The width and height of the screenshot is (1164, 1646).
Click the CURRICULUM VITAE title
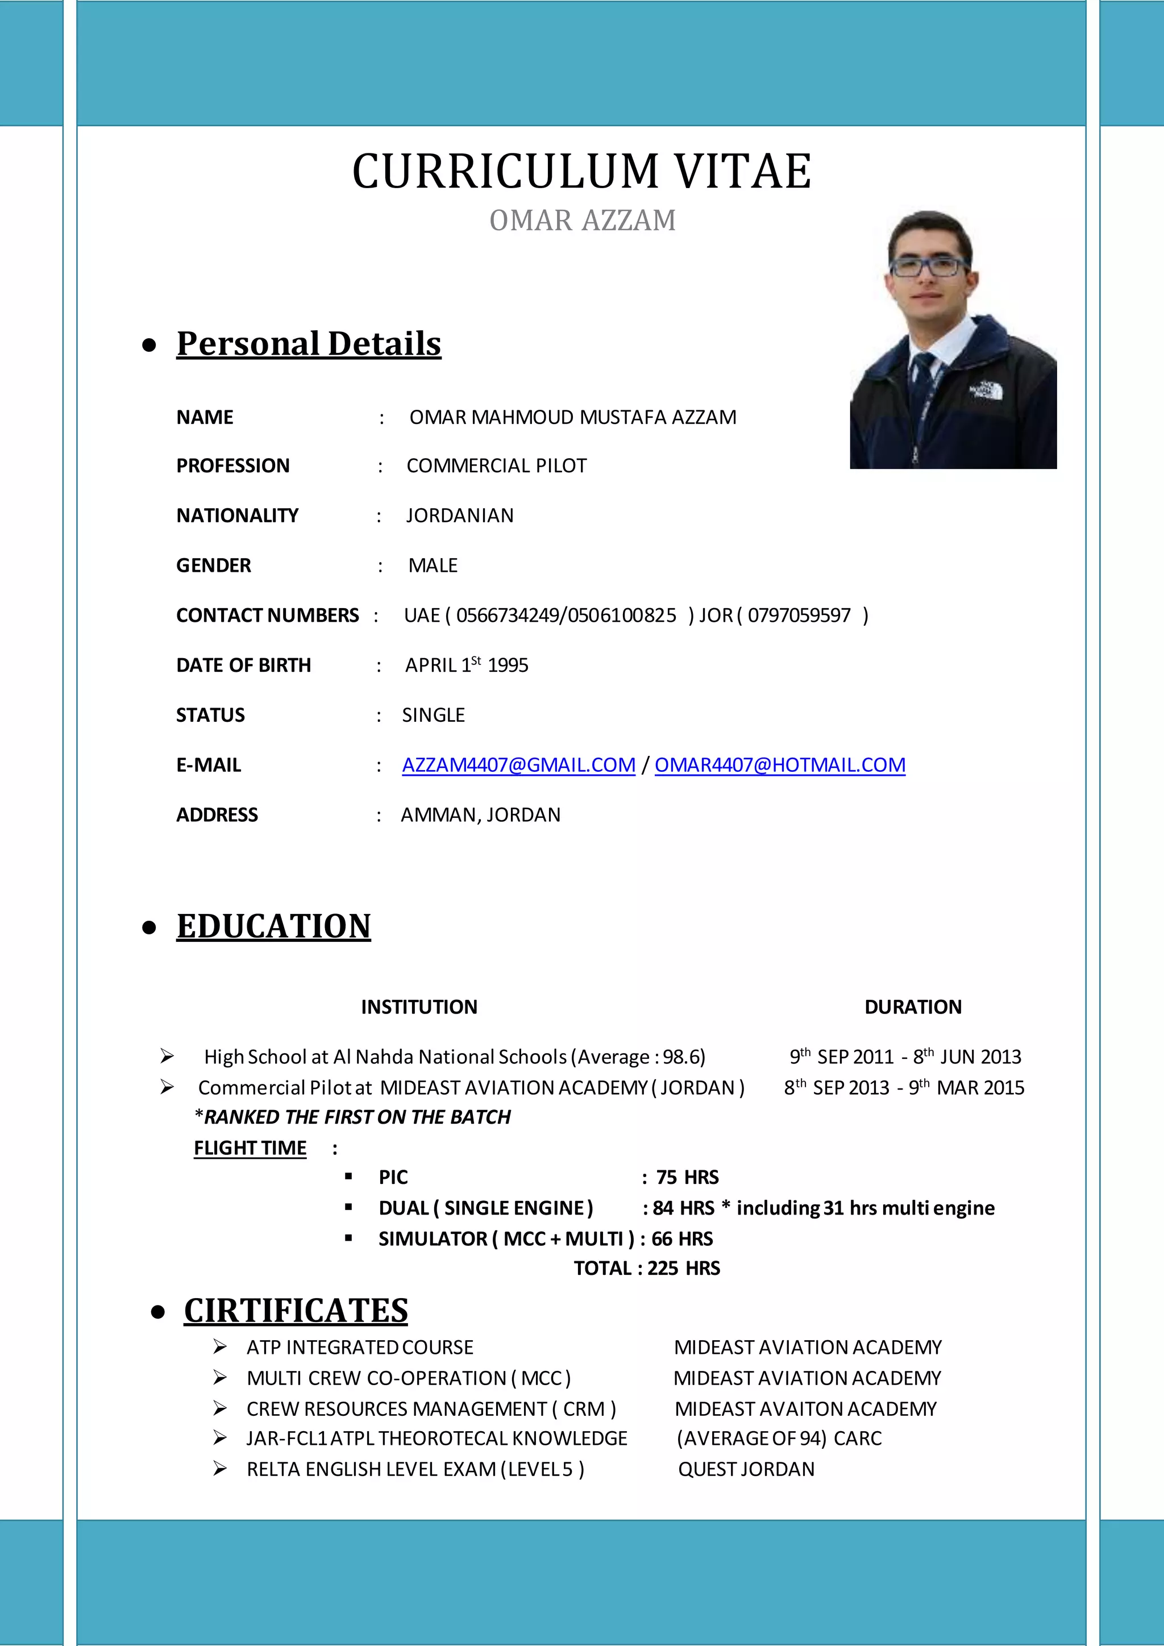581,172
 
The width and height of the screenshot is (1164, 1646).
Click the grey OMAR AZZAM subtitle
582,221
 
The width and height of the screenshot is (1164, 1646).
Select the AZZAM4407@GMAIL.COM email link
518,765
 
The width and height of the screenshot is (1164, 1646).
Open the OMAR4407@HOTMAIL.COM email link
780,765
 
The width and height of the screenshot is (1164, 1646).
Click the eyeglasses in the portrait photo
928,267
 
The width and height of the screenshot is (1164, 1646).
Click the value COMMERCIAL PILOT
496,466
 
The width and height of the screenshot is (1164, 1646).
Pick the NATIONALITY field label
237,516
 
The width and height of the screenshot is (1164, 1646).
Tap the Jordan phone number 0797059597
799,615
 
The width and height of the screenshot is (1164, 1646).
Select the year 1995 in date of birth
508,666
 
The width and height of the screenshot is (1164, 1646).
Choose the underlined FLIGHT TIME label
250,1148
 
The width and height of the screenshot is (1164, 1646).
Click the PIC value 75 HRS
687,1177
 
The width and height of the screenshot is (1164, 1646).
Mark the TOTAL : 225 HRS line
646,1268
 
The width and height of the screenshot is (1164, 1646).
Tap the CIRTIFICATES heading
296,1311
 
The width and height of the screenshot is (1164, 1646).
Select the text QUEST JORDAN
746,1469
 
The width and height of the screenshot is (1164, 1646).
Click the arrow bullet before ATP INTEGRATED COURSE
220,1347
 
